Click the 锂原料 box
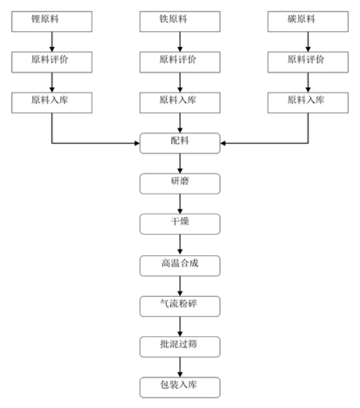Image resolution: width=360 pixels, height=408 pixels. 52,21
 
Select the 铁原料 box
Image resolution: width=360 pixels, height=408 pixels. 180,21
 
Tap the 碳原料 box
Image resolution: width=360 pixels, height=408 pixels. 308,21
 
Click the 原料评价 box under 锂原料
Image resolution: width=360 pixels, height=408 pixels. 52,62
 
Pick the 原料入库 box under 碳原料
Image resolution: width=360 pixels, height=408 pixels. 308,103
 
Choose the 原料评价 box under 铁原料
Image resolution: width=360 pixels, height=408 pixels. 180,62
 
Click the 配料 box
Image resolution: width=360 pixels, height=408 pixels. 180,144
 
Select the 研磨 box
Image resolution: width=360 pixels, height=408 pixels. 180,184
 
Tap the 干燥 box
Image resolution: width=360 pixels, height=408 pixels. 180,224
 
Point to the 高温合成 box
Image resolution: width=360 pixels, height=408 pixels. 180,266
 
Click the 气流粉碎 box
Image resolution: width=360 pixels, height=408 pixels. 180,307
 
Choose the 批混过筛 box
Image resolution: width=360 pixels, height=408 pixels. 180,347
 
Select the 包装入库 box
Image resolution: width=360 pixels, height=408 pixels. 180,387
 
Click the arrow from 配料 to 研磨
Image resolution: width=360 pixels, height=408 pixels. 180,164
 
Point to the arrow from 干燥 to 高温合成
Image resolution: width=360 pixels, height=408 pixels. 180,245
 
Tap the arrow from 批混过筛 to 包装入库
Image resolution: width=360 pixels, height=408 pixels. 180,367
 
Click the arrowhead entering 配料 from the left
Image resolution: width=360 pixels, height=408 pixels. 137,143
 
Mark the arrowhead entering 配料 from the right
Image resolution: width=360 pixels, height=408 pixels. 223,143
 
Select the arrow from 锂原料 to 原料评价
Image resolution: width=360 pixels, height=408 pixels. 52,42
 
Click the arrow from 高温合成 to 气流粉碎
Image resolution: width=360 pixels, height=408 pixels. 180,286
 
